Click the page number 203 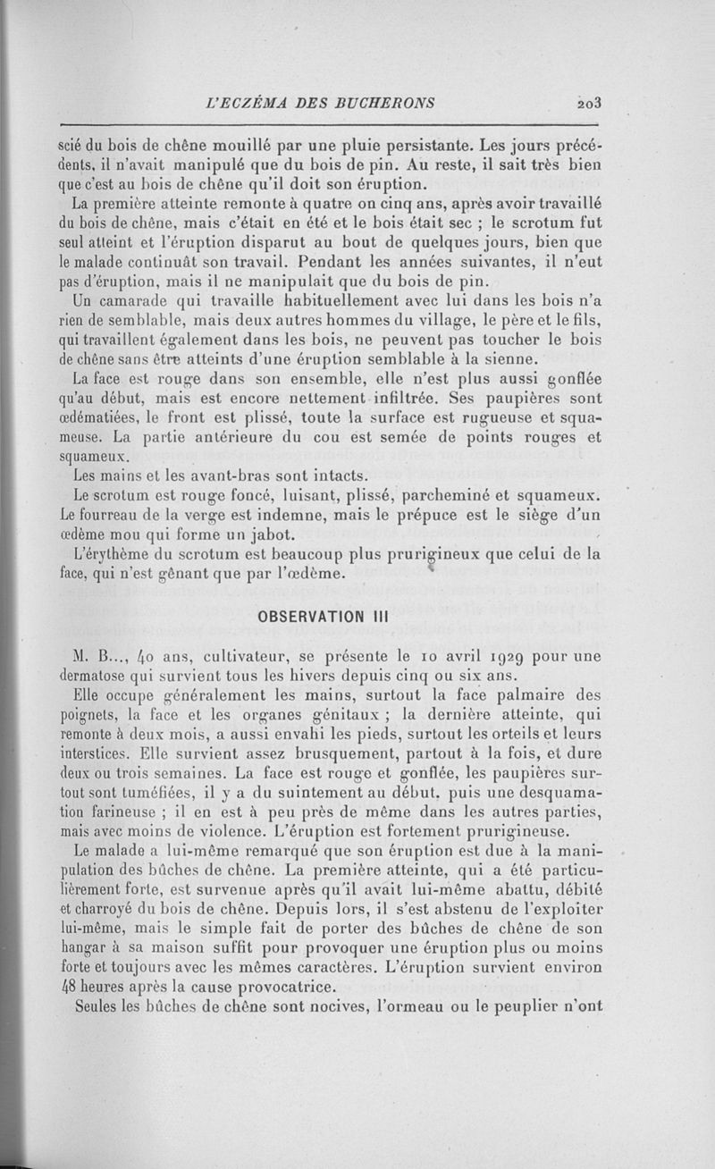click(589, 102)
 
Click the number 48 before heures click(68, 988)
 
